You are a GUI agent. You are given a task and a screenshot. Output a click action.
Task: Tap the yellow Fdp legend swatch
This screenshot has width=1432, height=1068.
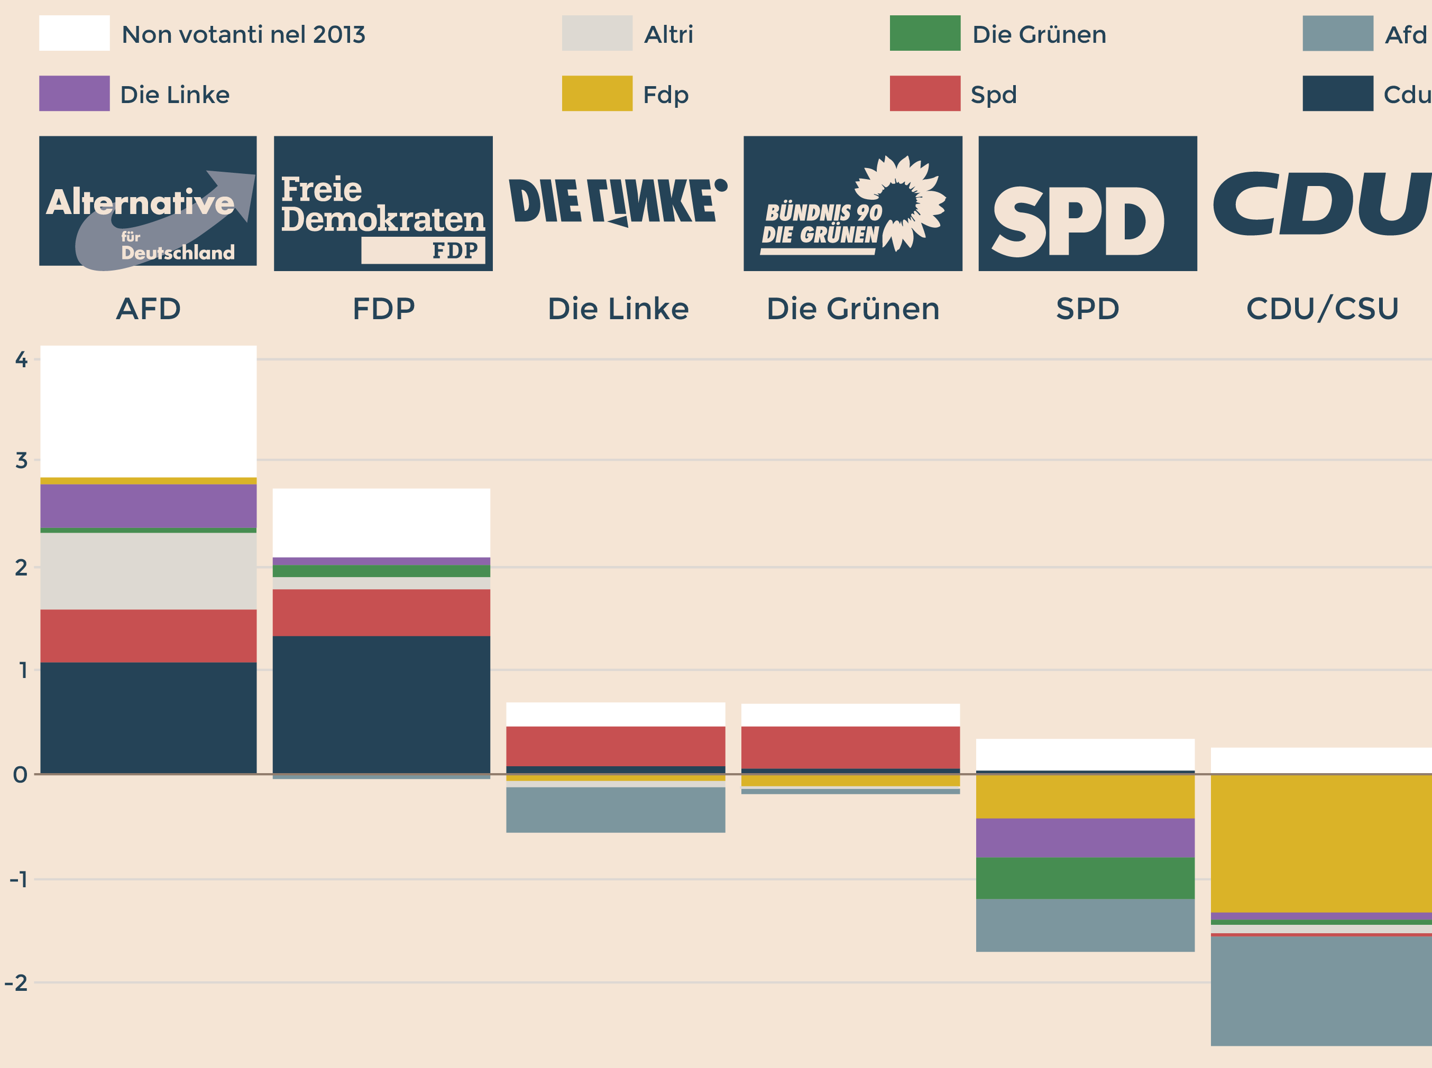[x=596, y=93]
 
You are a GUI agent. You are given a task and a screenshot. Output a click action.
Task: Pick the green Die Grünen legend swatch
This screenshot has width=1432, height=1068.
[x=924, y=33]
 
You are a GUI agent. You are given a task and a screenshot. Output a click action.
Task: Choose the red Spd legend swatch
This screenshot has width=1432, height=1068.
[x=924, y=93]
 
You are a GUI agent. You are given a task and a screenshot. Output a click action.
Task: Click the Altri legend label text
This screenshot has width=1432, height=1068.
[x=668, y=34]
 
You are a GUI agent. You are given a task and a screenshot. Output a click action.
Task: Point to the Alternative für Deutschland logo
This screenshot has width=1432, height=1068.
[x=148, y=201]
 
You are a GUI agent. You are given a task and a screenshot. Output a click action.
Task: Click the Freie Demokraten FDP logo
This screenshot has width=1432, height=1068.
[x=383, y=203]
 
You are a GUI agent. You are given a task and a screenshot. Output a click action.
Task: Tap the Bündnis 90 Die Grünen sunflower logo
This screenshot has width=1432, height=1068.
[x=852, y=203]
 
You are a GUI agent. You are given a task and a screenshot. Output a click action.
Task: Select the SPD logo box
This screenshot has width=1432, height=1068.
[x=1087, y=203]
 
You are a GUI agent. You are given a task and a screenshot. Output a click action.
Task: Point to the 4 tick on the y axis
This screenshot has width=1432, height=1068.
[x=21, y=359]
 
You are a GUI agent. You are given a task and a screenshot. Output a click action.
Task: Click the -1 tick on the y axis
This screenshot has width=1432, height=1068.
[x=19, y=879]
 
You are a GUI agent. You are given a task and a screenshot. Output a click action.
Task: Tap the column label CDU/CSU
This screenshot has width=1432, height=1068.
[x=1322, y=309]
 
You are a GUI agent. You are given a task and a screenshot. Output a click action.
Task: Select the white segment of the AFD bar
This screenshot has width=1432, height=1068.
[x=148, y=411]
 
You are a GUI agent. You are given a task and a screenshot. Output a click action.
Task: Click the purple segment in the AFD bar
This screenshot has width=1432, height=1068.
[x=148, y=506]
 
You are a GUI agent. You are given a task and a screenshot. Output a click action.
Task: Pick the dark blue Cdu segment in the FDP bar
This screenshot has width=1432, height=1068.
[x=381, y=704]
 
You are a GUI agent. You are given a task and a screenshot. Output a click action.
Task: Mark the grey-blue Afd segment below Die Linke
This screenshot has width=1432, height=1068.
[x=615, y=810]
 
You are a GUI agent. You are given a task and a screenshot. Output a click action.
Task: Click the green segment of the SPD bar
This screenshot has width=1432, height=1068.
[x=1085, y=878]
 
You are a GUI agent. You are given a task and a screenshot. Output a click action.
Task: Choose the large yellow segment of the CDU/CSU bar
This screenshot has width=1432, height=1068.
[x=1321, y=843]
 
